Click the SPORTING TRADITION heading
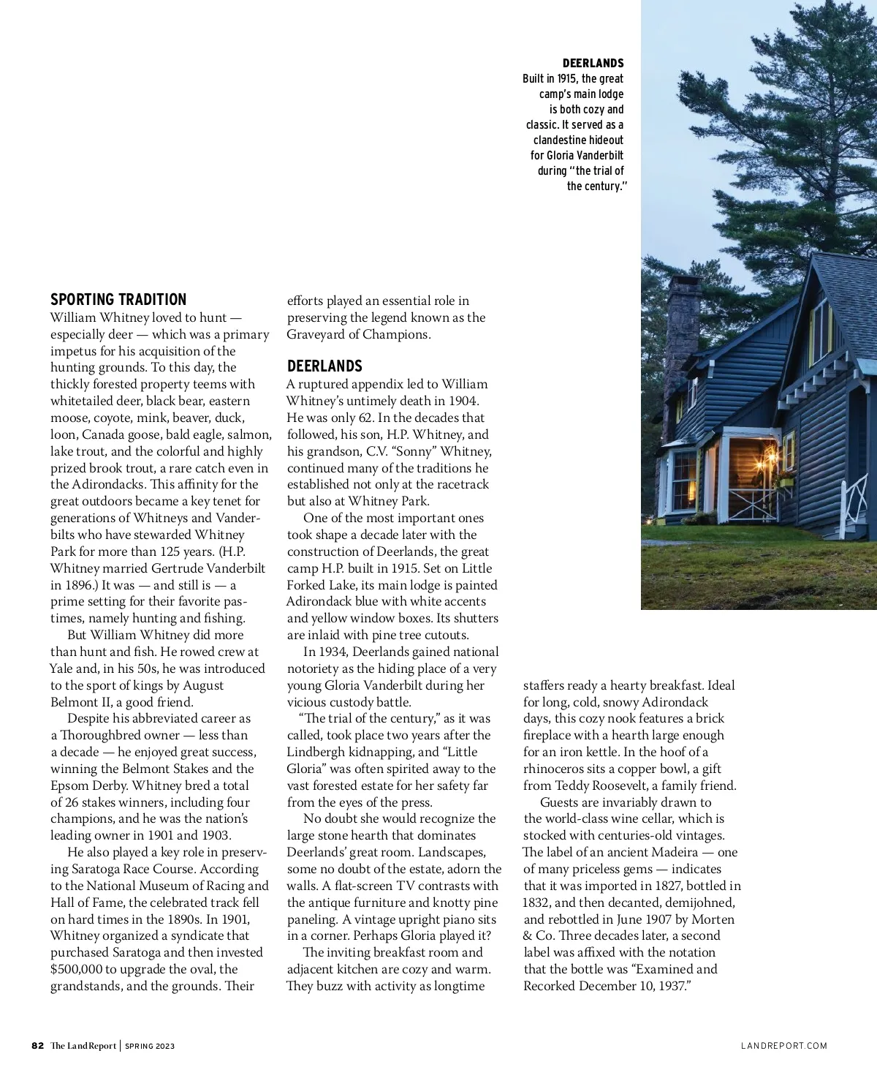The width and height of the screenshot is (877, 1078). click(x=118, y=299)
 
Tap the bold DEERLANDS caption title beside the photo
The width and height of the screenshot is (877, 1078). click(x=593, y=64)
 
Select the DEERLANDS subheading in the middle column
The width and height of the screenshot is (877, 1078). click(x=324, y=366)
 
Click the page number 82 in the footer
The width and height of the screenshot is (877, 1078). click(x=38, y=1046)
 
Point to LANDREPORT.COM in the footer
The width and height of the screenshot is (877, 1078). click(x=784, y=1046)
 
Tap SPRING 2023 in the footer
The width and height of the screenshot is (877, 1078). click(x=150, y=1046)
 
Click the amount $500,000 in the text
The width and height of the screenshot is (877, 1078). click(x=76, y=969)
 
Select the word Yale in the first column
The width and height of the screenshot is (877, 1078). click(x=63, y=668)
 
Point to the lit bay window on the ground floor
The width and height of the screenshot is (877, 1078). click(x=684, y=479)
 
